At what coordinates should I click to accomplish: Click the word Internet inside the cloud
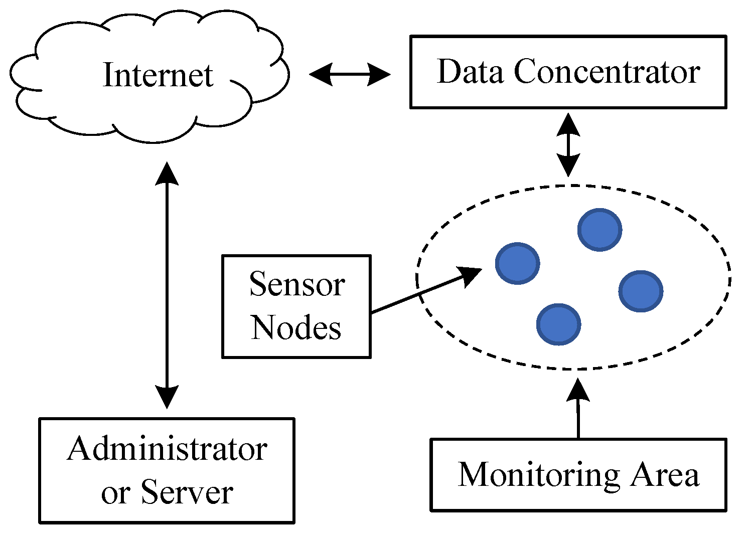pos(158,75)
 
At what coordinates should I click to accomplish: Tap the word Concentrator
pos(607,72)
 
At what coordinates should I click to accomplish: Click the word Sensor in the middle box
pos(297,285)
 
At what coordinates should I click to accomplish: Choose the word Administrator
pos(167,449)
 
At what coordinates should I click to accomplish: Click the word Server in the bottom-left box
pos(187,492)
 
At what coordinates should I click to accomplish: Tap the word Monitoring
pos(538,474)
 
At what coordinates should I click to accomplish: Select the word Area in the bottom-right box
pos(665,474)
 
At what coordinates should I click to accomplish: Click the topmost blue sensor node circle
pos(599,230)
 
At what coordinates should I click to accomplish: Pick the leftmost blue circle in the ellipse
pos(517,263)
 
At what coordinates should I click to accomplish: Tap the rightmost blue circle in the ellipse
pos(641,291)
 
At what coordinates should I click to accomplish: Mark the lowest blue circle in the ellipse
pos(558,324)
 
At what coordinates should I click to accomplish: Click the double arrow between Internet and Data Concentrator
pos(350,75)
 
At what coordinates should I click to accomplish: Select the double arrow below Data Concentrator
pos(568,145)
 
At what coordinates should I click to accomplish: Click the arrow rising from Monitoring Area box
pos(578,409)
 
